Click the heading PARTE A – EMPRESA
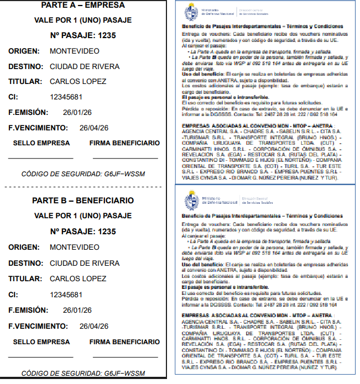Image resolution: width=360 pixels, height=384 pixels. (x=82, y=5)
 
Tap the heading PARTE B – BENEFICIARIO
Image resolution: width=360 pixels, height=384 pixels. (x=82, y=200)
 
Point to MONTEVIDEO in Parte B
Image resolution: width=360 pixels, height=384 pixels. (x=75, y=247)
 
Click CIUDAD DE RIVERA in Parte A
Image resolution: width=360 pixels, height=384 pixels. (x=85, y=66)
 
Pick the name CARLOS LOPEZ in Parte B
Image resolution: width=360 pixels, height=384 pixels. (x=78, y=278)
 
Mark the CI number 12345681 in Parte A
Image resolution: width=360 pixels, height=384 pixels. (x=66, y=97)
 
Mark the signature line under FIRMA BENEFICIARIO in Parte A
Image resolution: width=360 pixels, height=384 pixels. (x=124, y=159)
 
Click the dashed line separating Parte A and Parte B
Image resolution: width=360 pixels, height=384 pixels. (x=83, y=187)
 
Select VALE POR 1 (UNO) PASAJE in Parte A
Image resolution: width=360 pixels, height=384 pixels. (x=82, y=21)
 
